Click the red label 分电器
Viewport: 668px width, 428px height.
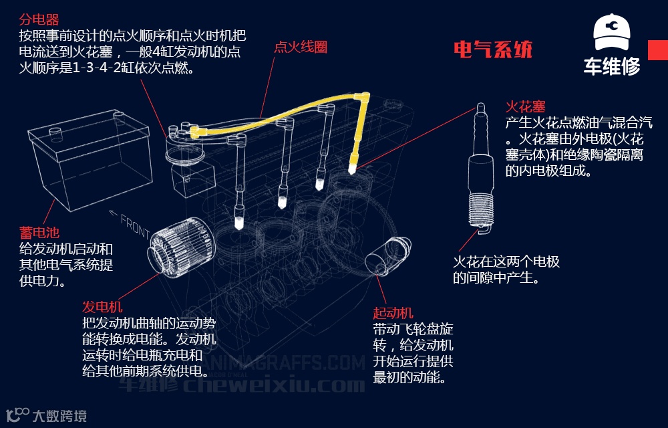[x=39, y=19]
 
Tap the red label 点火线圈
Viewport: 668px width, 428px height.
[x=301, y=47]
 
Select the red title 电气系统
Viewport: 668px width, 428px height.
[x=493, y=49]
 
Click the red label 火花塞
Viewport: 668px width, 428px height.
[x=525, y=107]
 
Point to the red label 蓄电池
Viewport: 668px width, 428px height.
[x=39, y=233]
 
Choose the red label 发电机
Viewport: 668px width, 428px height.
[x=102, y=307]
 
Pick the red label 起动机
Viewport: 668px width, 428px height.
[x=393, y=313]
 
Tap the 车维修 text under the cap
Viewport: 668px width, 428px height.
[x=611, y=66]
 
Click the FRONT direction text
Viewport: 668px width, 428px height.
[x=130, y=225]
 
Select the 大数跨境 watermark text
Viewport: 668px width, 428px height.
[x=59, y=416]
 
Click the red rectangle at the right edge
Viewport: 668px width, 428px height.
[x=658, y=49]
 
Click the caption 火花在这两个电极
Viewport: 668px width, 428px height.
[x=506, y=262]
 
